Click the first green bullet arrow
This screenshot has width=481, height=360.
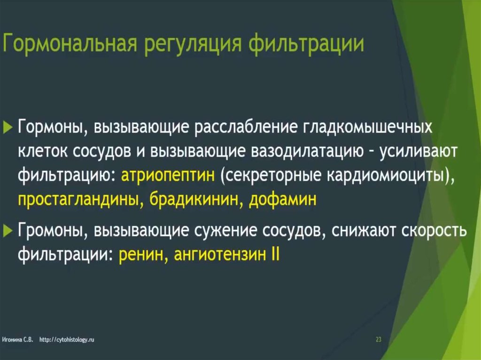point(8,127)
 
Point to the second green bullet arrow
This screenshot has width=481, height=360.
point(8,230)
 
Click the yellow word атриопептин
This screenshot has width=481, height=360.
point(168,176)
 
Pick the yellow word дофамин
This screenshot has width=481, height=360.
point(282,199)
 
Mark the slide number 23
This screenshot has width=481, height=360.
point(379,339)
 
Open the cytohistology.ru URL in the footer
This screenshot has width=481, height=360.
point(67,340)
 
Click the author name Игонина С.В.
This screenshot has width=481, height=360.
point(17,340)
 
